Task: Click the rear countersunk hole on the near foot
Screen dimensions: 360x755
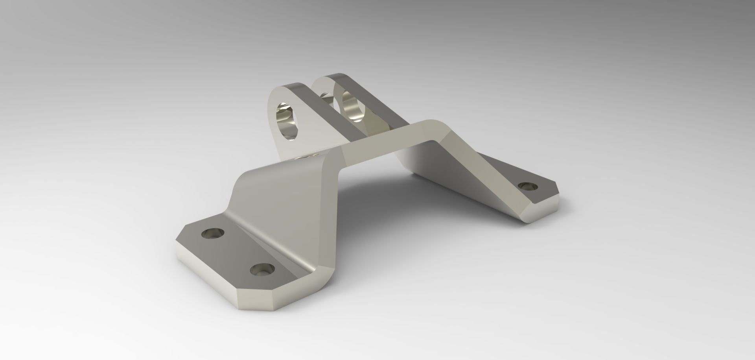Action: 213,234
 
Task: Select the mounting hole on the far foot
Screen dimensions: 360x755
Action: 528,186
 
